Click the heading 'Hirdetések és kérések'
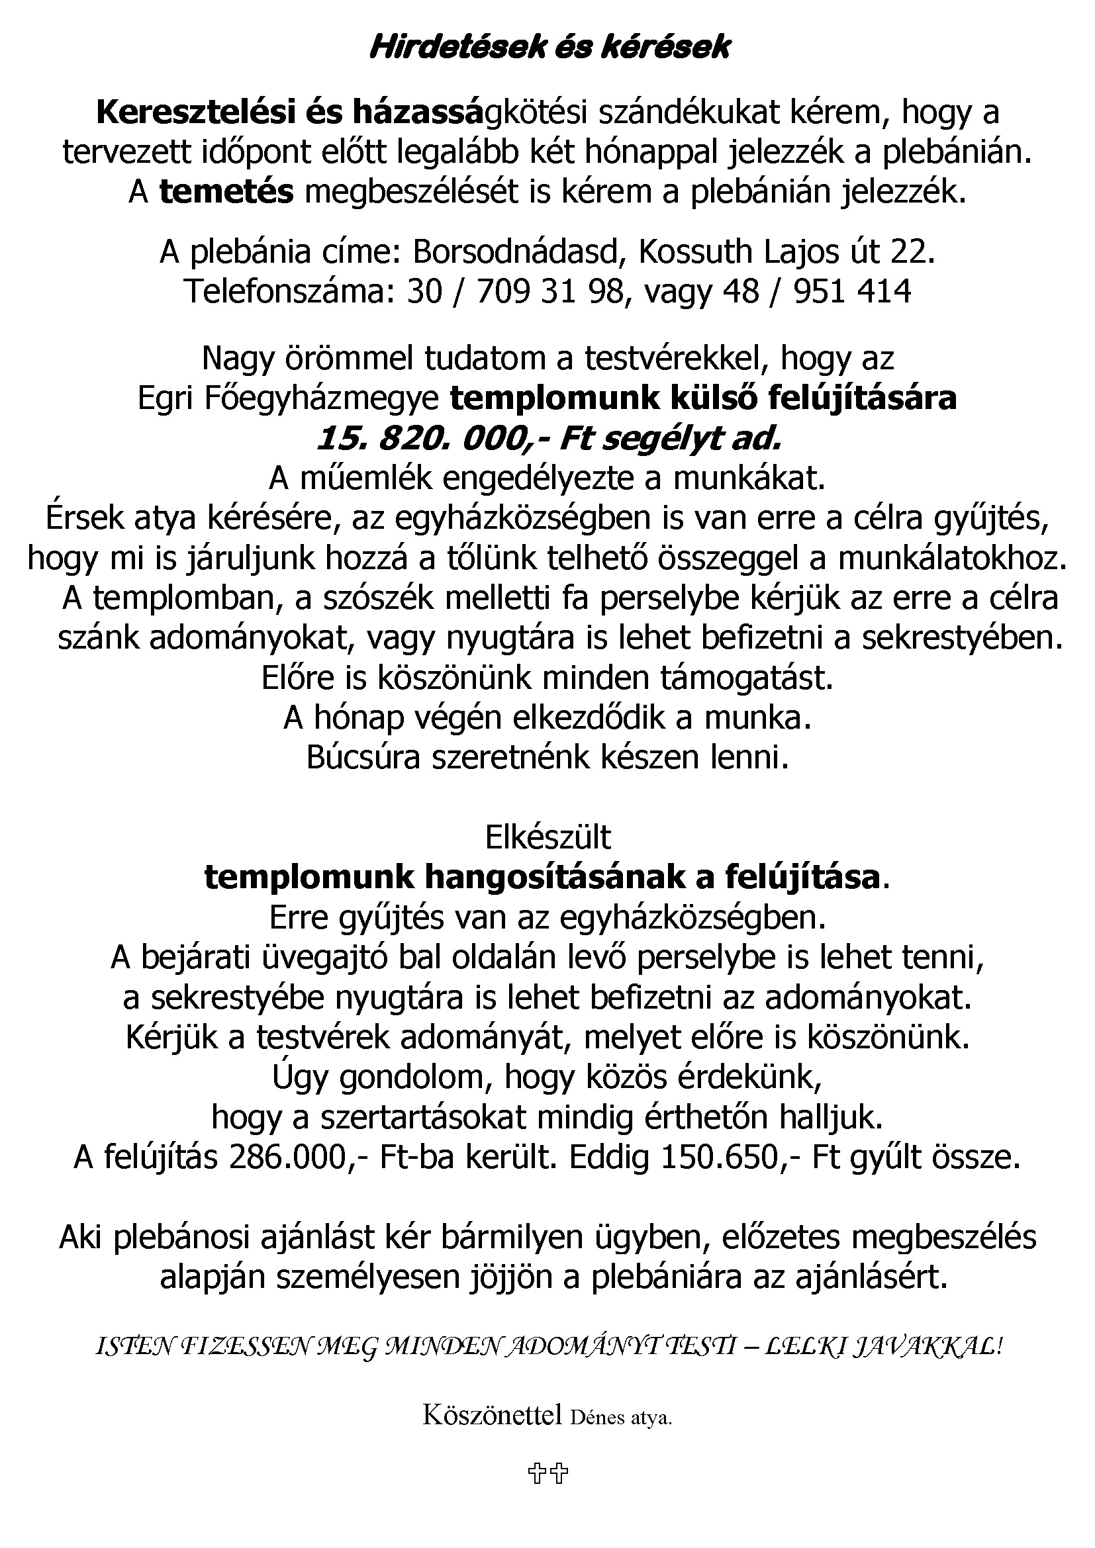[x=549, y=48]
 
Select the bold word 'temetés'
[x=226, y=192]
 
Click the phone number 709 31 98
[x=550, y=292]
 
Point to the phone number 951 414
[x=852, y=292]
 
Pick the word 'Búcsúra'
[x=364, y=758]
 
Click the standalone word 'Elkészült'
[x=547, y=838]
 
